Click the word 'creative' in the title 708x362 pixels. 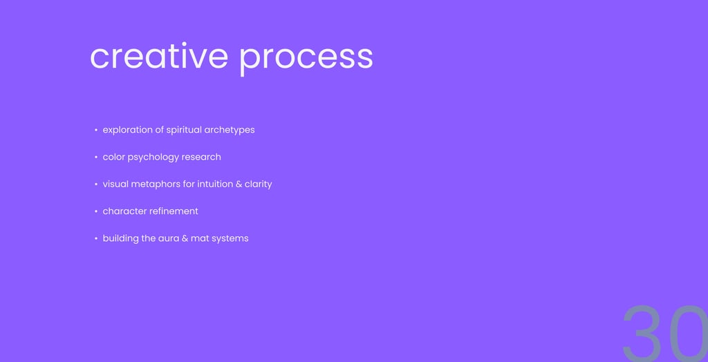coord(159,56)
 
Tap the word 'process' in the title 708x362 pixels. coord(306,59)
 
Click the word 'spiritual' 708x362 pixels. coord(184,130)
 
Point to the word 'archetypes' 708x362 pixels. coord(230,130)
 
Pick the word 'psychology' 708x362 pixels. coord(153,158)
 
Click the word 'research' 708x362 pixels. coord(201,157)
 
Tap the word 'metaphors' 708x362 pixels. coord(156,184)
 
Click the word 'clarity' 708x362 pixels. coord(259,184)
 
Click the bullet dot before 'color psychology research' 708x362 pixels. coord(95,157)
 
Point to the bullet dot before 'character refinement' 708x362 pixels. coord(95,211)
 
